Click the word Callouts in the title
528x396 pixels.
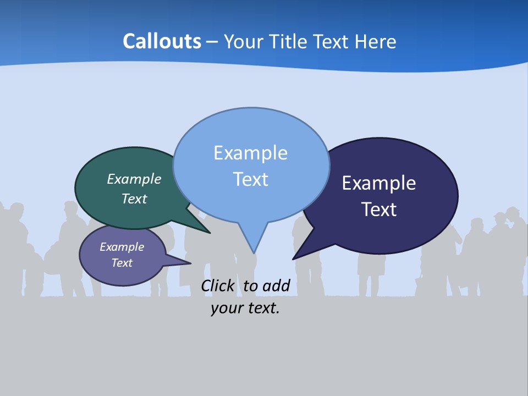(x=162, y=41)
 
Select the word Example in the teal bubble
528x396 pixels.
(x=134, y=179)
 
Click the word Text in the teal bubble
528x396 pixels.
(x=134, y=199)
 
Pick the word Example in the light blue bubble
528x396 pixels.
(x=250, y=153)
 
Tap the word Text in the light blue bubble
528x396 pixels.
(x=250, y=179)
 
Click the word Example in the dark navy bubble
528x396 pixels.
(x=379, y=183)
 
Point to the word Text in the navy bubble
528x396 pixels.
(x=379, y=210)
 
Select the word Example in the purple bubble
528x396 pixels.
(x=122, y=247)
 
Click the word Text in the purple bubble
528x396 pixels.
(x=122, y=263)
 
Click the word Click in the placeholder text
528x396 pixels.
(x=218, y=285)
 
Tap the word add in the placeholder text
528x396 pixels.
(x=276, y=285)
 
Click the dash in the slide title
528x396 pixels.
(x=213, y=41)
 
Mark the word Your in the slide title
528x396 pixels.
(x=242, y=41)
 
